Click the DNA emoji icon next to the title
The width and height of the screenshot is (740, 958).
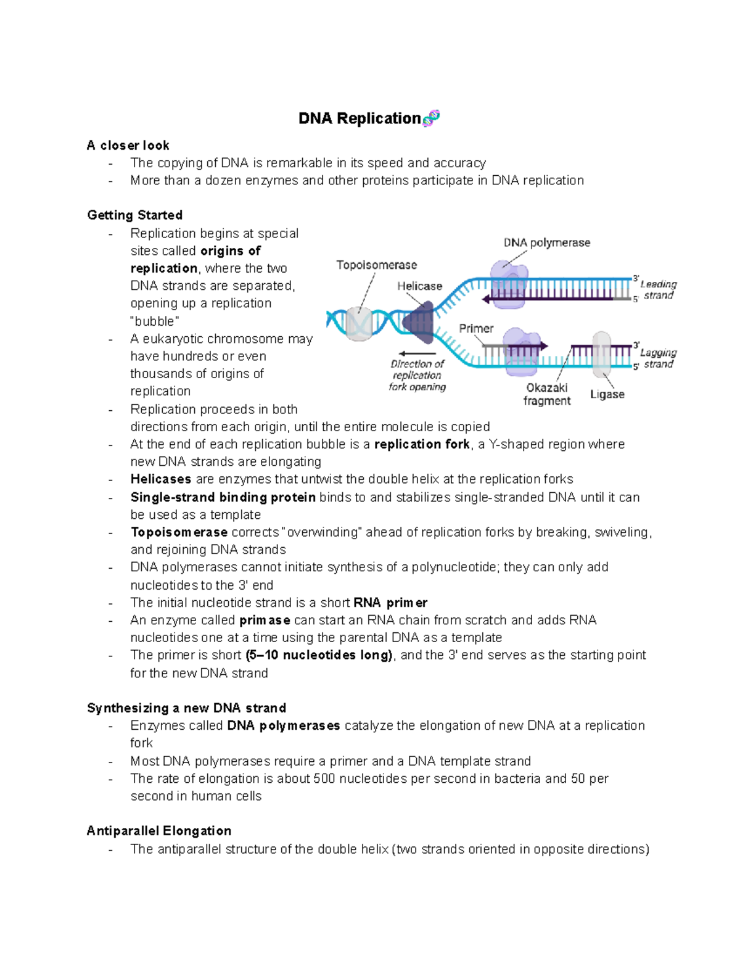coord(431,118)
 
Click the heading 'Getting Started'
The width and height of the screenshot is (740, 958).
coord(134,215)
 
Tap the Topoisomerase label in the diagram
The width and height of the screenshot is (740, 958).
coord(376,265)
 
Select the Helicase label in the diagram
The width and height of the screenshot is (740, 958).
coord(419,286)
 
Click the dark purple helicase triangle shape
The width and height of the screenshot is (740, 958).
coord(421,322)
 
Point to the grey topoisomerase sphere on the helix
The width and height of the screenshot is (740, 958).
coord(358,323)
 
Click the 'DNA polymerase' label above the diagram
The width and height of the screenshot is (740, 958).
coord(546,243)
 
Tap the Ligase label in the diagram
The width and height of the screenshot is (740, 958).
coord(607,395)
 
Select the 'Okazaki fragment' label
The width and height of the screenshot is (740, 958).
coord(547,394)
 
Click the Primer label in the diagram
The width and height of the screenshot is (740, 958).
coord(476,329)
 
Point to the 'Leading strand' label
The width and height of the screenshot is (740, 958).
coord(658,290)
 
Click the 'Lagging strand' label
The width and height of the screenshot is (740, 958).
coord(658,358)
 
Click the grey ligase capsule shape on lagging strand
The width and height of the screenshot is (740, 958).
coord(601,354)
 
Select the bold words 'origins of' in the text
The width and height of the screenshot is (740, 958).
coord(230,251)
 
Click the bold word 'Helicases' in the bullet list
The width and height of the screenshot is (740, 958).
coord(160,479)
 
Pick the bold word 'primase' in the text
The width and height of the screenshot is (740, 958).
coord(265,621)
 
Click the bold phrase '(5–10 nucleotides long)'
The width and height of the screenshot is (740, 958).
coord(319,655)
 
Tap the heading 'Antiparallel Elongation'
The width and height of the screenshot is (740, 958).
coord(159,831)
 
